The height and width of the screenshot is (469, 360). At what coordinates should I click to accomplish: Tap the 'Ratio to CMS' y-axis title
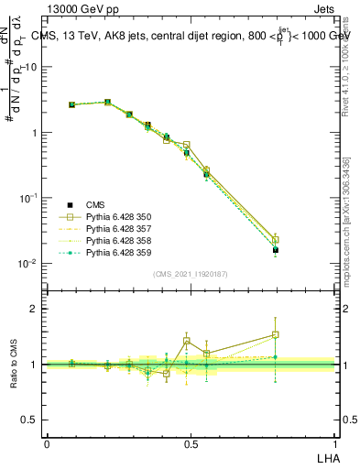point(13,365)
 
